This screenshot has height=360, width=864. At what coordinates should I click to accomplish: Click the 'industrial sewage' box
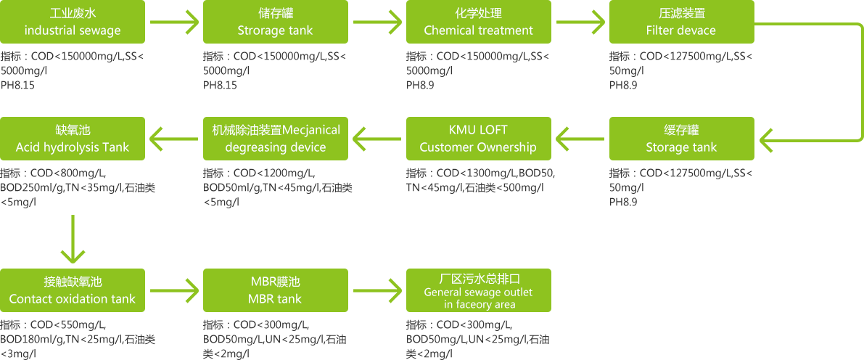(x=73, y=22)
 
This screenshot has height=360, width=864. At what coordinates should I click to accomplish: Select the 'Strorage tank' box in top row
(x=275, y=22)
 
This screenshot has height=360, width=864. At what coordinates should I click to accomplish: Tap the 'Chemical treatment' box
(x=478, y=22)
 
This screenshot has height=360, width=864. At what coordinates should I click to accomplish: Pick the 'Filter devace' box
(x=681, y=22)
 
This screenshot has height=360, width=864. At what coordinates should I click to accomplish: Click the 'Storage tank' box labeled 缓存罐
(x=681, y=138)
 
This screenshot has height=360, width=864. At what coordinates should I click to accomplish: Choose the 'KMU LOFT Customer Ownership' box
(x=478, y=138)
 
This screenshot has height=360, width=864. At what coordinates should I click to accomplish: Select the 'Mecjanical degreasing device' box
(x=275, y=138)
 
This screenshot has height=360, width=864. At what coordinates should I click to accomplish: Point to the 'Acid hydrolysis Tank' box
(x=73, y=138)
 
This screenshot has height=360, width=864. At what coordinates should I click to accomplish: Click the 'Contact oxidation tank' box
(x=73, y=290)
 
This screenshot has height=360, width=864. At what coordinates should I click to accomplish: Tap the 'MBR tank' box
(x=275, y=290)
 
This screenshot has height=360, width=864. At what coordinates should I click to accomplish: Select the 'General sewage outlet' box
(x=478, y=290)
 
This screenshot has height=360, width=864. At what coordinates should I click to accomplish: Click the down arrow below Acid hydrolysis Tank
(x=73, y=240)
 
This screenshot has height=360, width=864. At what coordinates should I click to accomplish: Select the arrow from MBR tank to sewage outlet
(x=377, y=290)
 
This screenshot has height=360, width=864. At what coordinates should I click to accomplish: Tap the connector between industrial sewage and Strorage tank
(x=174, y=22)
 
